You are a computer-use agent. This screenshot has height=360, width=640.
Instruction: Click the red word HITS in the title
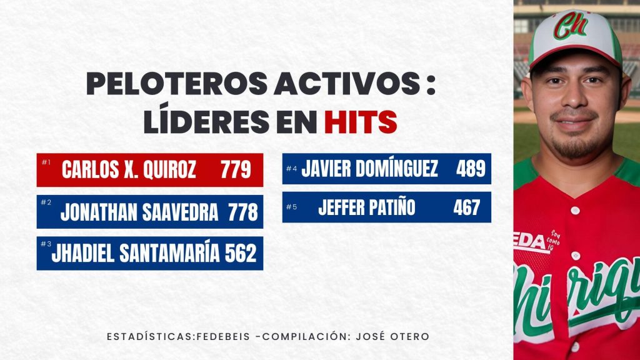pos(361,121)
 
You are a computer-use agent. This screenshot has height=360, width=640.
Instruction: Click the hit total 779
pos(236,169)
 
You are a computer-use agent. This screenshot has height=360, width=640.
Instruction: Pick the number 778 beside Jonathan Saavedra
pos(243,212)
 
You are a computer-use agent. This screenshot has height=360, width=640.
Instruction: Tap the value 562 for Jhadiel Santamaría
pos(241,253)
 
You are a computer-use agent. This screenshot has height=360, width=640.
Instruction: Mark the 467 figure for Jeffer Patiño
pos(467,207)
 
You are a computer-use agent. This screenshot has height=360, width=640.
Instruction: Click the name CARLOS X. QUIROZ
pos(129,169)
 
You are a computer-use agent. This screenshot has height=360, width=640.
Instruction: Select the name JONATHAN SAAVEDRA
pos(139,212)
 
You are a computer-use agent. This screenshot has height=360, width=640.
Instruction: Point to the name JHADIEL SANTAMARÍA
pos(136,253)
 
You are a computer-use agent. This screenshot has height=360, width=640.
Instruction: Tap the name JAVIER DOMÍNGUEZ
pos(370,169)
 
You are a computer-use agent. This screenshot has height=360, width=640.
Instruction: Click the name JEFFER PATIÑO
pos(366,207)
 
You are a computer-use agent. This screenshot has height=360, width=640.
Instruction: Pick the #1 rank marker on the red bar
pos(46,162)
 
